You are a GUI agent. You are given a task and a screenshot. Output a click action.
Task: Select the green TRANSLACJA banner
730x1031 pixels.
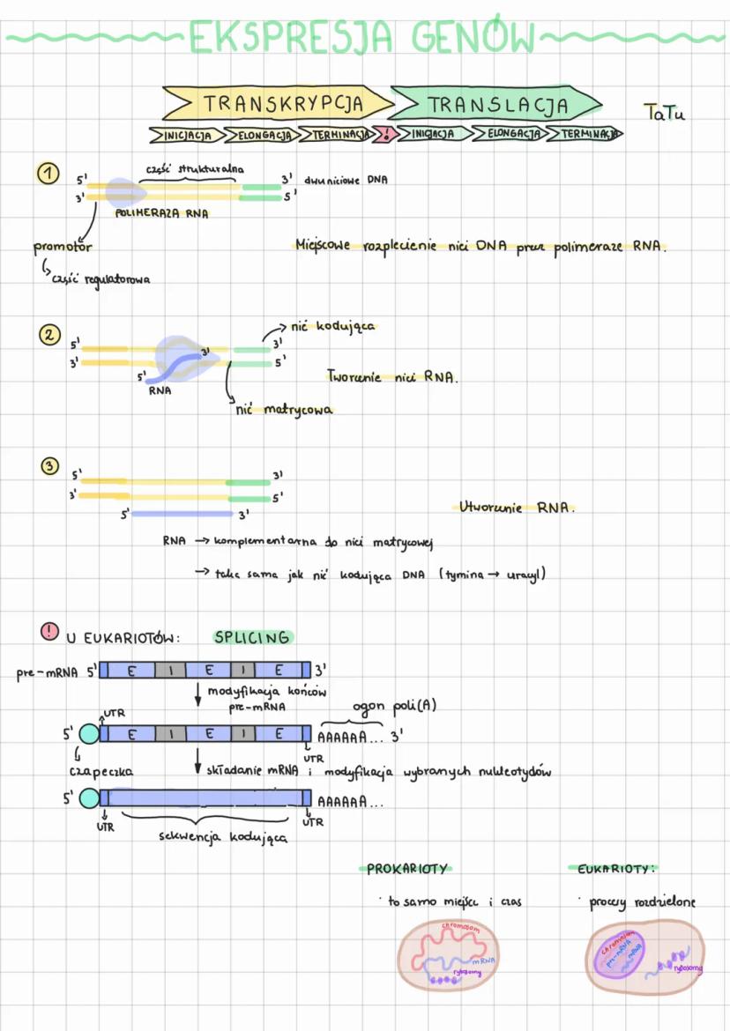click(x=496, y=105)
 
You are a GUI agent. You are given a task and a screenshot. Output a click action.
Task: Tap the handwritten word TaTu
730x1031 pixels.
click(x=664, y=114)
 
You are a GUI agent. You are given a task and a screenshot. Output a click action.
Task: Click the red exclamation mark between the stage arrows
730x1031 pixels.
click(x=385, y=135)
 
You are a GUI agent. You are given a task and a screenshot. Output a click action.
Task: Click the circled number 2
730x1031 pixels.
click(x=47, y=335)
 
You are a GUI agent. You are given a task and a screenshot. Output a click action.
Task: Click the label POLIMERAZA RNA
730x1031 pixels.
click(x=161, y=212)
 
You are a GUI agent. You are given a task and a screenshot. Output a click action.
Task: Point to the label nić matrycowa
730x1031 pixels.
click(x=284, y=410)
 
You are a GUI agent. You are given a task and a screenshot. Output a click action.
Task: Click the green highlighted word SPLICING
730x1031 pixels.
click(x=251, y=637)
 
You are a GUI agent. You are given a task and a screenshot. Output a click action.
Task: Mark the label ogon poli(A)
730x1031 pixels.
click(x=393, y=708)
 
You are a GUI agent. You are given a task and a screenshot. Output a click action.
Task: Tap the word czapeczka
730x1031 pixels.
click(x=101, y=771)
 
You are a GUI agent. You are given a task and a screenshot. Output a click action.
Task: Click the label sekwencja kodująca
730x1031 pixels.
click(x=222, y=837)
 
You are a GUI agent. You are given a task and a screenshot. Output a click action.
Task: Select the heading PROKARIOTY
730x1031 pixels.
click(x=406, y=868)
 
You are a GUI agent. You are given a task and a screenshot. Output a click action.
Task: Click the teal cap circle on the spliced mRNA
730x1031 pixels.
click(x=89, y=798)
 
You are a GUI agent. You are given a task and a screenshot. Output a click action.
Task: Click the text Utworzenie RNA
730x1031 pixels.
click(x=516, y=508)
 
